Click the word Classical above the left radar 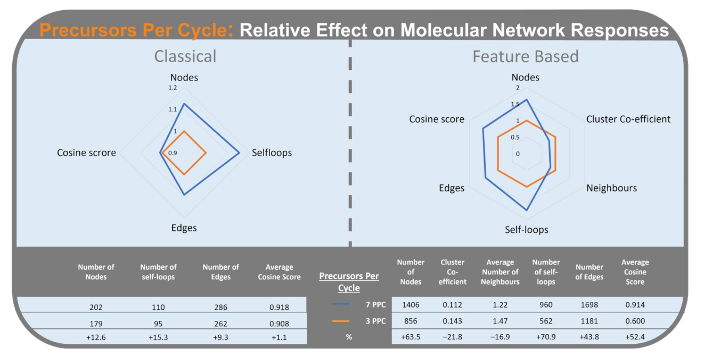185,56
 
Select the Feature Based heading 525,56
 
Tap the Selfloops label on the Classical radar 271,153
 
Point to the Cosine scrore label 86,153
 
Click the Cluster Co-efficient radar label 628,119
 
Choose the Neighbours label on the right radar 611,188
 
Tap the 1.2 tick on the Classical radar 172,88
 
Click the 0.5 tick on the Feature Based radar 515,137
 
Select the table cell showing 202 96,307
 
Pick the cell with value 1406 411,304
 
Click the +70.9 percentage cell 546,337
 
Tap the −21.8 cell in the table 452,337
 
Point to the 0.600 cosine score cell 635,321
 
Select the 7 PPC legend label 375,304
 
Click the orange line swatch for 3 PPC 340,321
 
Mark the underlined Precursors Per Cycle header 349,281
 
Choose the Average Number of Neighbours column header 500,272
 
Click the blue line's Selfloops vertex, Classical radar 239,153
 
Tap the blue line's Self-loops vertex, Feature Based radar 527,210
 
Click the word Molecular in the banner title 443,31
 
